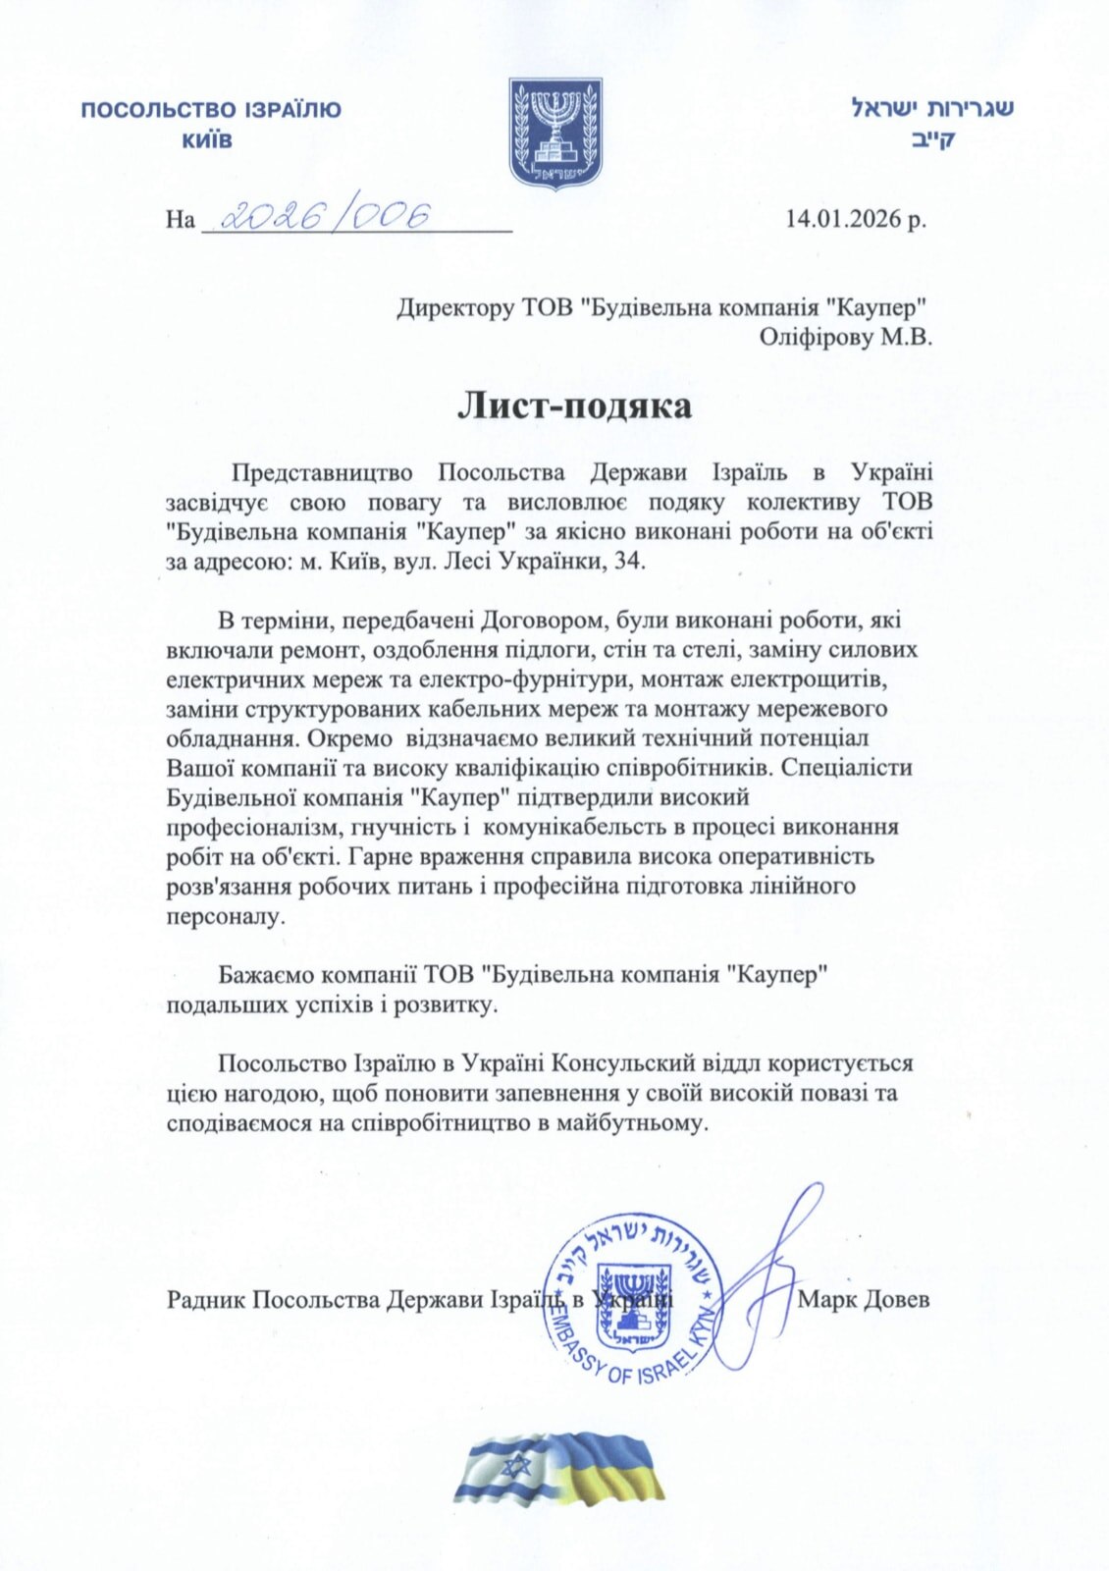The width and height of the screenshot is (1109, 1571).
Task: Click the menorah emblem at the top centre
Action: tap(554, 134)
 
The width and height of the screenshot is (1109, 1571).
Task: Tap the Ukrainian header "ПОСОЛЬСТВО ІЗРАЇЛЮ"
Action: tap(210, 109)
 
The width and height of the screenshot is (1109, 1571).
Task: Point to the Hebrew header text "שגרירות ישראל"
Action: tap(931, 107)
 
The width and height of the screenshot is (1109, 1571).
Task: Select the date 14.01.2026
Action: tap(843, 217)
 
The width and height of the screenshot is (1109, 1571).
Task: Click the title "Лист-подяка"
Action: tap(574, 406)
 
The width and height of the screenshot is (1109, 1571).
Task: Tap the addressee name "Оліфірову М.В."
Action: tap(845, 337)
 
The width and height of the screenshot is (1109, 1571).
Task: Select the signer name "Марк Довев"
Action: tap(864, 1300)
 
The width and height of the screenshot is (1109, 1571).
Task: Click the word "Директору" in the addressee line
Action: tap(453, 307)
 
